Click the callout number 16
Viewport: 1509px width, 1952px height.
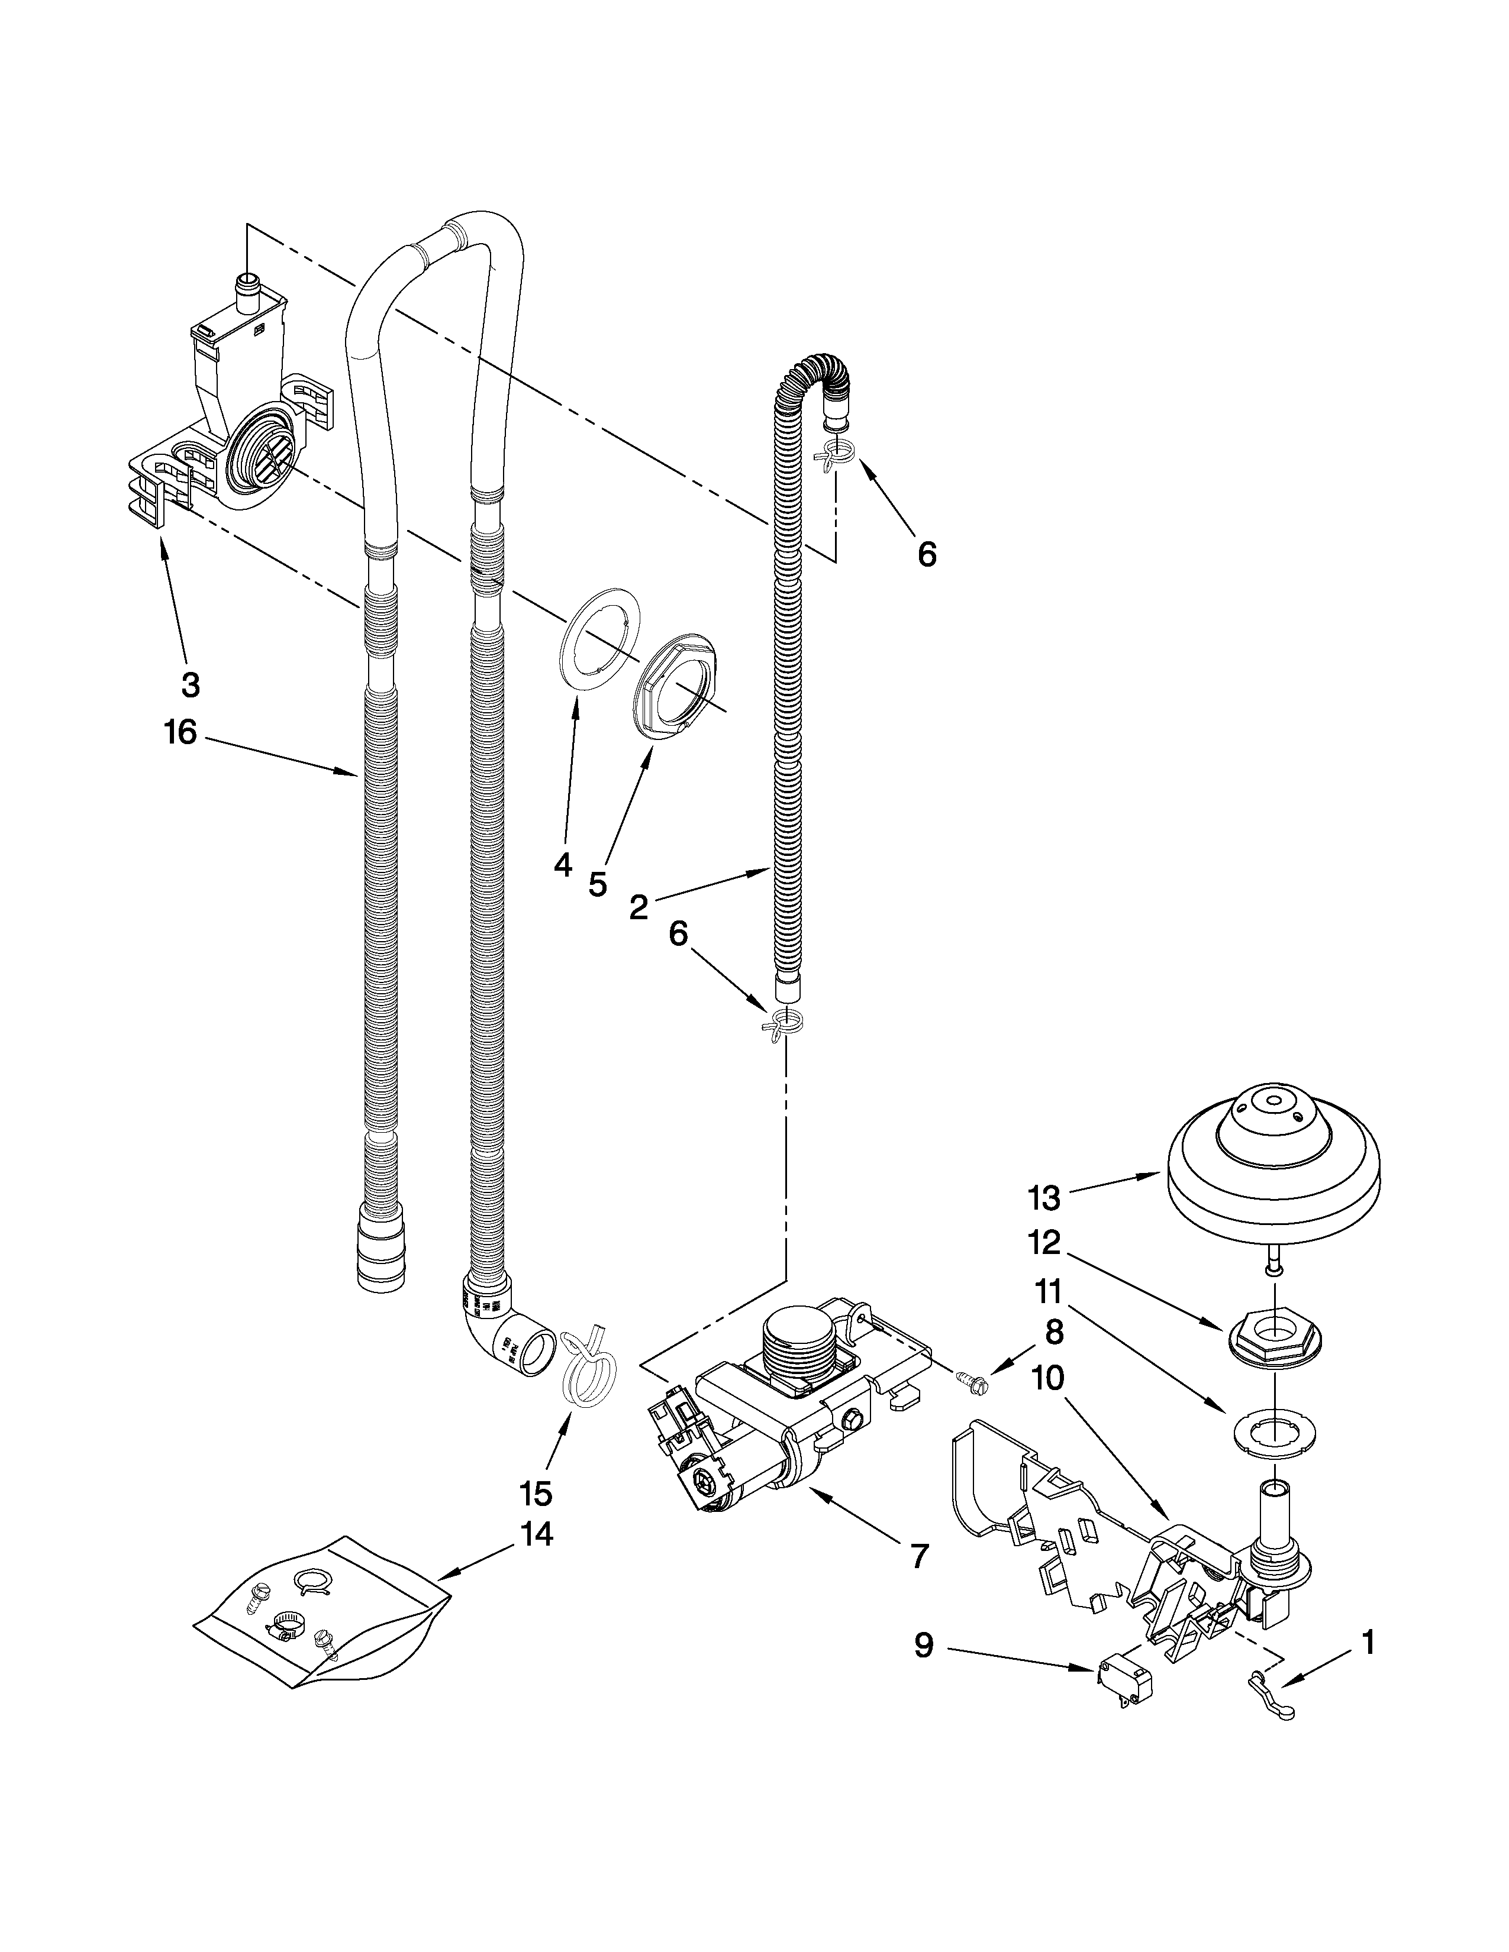(180, 733)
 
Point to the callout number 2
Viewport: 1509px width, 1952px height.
(639, 907)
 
